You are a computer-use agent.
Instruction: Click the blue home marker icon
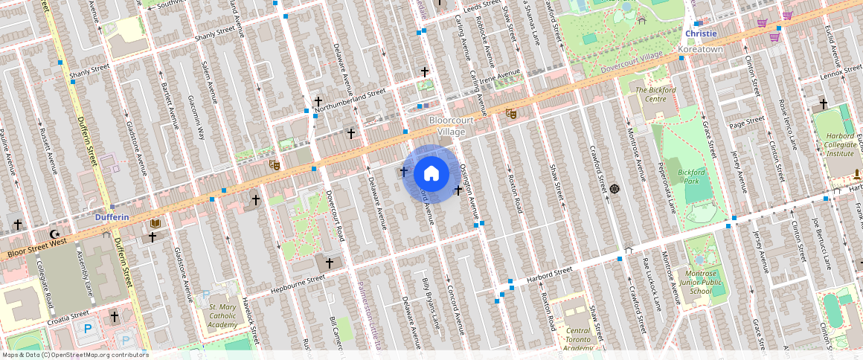click(431, 174)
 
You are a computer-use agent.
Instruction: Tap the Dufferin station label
click(112, 217)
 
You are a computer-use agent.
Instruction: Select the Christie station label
click(701, 33)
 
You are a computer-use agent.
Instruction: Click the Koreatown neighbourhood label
click(701, 49)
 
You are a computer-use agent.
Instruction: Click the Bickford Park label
click(691, 176)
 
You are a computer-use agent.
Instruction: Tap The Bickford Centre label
click(655, 94)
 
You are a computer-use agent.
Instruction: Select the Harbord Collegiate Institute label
click(840, 144)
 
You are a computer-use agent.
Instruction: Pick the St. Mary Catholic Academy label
click(222, 315)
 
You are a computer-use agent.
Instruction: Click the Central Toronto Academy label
click(578, 339)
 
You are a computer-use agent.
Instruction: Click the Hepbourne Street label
click(298, 283)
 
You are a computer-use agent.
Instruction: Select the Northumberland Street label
click(350, 102)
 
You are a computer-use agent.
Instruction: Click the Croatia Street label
click(68, 318)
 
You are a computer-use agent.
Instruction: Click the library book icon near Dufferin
click(155, 223)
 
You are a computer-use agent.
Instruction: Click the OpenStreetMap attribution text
click(74, 355)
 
